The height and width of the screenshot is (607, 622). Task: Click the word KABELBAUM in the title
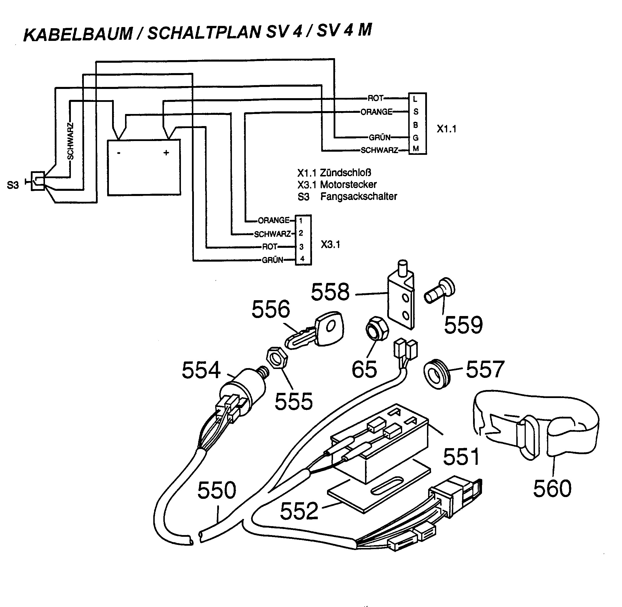click(78, 34)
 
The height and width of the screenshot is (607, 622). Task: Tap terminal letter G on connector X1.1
click(415, 138)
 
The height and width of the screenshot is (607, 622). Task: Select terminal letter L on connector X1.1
click(415, 99)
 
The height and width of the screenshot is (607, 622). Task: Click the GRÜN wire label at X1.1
click(379, 137)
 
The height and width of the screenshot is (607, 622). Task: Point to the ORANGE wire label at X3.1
click(273, 220)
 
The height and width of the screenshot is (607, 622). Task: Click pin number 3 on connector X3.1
click(301, 247)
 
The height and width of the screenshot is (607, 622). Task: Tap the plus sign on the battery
click(166, 153)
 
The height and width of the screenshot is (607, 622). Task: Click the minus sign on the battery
click(119, 153)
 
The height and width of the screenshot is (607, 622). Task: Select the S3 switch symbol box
click(38, 181)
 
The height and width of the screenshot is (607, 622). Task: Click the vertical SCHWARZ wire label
click(71, 141)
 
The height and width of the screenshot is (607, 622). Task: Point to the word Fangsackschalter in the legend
click(358, 196)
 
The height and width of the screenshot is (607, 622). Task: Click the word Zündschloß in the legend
click(345, 173)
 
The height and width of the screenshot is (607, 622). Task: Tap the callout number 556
click(271, 309)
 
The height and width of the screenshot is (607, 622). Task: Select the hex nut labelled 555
click(277, 357)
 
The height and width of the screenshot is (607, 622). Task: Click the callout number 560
click(552, 488)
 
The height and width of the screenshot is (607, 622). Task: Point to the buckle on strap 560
click(528, 437)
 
